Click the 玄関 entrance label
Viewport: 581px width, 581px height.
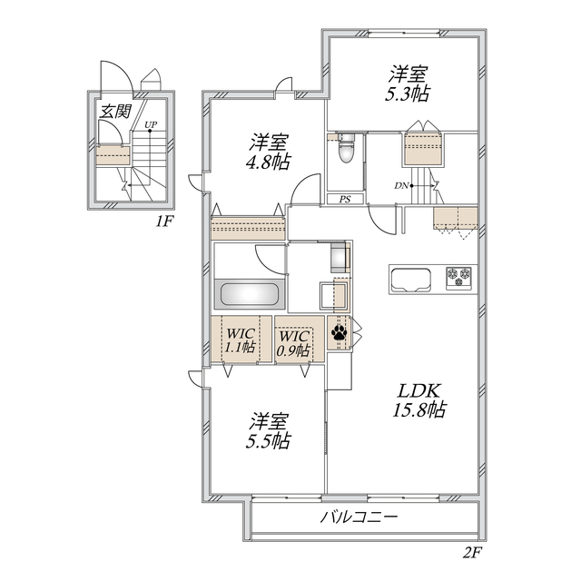(x=115, y=113)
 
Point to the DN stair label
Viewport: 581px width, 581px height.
(x=400, y=186)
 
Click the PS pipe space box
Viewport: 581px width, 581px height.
(x=345, y=199)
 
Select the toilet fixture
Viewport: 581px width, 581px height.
(x=345, y=150)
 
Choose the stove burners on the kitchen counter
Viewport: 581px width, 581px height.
(x=458, y=275)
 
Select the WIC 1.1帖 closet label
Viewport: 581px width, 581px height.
(x=240, y=340)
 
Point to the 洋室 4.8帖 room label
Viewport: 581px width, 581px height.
(x=270, y=152)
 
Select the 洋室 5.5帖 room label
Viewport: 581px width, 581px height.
(x=270, y=431)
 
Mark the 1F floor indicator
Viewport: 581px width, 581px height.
(x=162, y=221)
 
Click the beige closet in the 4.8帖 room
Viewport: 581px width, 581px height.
(x=247, y=227)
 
